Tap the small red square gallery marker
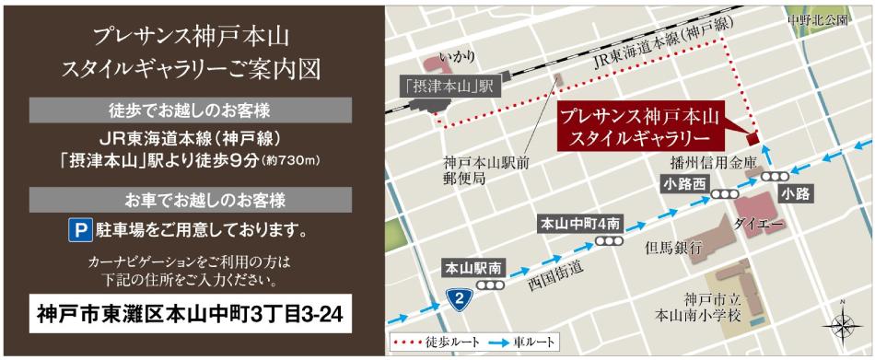click(752, 139)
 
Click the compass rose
click(842, 324)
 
